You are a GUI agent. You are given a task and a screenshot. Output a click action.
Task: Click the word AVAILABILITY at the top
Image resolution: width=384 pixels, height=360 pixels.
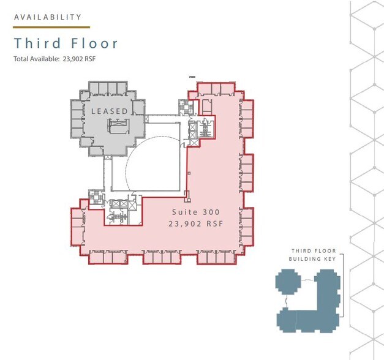48,17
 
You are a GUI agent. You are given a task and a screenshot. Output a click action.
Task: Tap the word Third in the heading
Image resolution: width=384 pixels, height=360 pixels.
37,43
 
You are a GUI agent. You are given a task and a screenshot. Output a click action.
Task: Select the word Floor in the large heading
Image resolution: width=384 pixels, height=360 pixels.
94,43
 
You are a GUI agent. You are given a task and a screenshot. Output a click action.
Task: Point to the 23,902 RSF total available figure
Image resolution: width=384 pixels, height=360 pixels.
79,59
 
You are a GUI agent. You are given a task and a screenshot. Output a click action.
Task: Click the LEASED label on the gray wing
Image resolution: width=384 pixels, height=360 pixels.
110,111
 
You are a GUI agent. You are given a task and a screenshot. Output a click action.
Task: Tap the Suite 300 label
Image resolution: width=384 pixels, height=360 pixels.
195,212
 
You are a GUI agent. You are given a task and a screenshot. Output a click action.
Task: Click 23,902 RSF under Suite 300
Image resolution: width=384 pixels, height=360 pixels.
195,224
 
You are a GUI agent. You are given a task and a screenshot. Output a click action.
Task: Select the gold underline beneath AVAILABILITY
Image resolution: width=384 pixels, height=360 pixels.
51,28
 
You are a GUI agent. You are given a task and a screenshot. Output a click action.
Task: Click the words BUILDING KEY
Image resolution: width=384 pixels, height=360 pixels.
312,259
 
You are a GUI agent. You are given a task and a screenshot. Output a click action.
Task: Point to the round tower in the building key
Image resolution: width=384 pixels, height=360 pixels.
288,282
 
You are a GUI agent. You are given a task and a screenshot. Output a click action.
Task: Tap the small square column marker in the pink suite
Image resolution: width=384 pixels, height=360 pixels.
189,173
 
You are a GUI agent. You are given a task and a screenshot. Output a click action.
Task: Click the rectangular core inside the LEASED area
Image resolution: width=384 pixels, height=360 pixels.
118,126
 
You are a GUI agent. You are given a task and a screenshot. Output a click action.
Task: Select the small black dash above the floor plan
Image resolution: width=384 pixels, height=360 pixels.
192,77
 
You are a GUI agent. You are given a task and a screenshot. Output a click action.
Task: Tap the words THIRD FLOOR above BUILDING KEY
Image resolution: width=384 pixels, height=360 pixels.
314,251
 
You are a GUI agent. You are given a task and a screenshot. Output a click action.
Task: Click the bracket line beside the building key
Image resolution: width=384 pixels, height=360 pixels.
342,285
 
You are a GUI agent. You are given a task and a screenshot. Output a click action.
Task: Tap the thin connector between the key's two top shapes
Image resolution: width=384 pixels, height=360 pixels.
307,280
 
